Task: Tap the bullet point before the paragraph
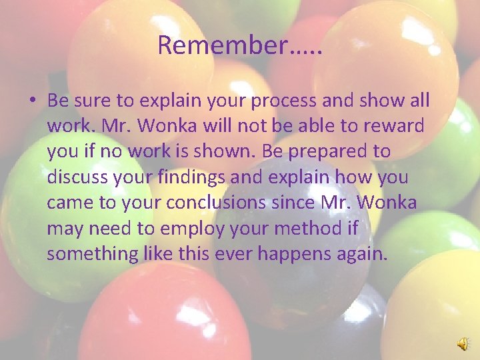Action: pyautogui.click(x=32, y=101)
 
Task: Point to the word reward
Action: pyautogui.click(x=394, y=127)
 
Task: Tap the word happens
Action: pyautogui.click(x=299, y=253)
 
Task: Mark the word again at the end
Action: pyautogui.click(x=364, y=253)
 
